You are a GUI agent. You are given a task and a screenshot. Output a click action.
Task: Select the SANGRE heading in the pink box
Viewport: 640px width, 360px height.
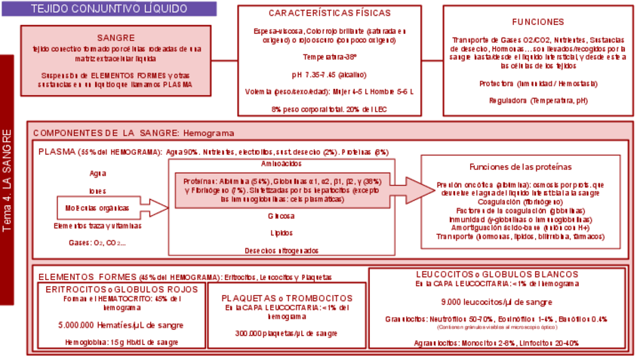[x=115, y=38]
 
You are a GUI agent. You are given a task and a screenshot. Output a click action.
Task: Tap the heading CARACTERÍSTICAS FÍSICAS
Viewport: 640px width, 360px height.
[x=329, y=14]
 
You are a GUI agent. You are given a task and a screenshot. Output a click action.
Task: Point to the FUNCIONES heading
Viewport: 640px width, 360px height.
[x=537, y=22]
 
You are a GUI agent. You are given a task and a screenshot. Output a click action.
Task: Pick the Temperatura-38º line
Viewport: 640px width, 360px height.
[x=330, y=57]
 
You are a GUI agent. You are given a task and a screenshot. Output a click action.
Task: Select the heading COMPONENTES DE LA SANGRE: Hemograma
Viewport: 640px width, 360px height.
[x=134, y=133]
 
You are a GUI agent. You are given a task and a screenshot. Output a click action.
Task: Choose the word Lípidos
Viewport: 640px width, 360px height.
[x=281, y=233]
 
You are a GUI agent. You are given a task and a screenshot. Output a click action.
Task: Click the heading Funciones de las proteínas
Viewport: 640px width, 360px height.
[x=520, y=166]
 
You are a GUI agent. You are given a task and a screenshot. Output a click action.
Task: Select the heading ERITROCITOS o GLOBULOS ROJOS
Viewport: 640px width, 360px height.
[x=122, y=289]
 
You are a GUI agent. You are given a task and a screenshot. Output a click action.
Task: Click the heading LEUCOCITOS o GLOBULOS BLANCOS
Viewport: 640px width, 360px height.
[x=497, y=275]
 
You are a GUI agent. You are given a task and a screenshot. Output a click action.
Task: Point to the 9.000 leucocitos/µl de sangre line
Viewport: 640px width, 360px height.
[x=497, y=302]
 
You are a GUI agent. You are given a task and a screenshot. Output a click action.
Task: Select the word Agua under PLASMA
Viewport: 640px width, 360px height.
[x=97, y=173]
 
